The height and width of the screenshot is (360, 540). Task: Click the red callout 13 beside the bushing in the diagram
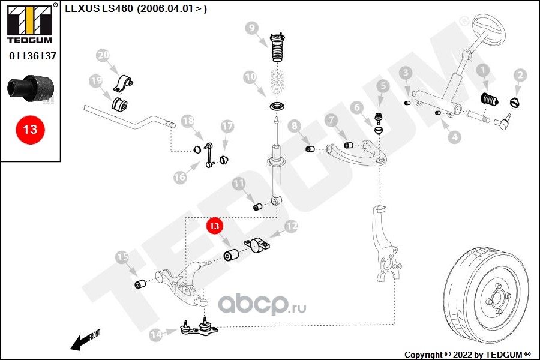click(x=214, y=226)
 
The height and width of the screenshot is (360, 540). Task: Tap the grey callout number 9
click(x=252, y=28)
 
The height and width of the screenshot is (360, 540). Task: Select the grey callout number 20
click(x=103, y=55)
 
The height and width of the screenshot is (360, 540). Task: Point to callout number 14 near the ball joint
click(x=155, y=334)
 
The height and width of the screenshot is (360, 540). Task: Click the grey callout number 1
click(x=483, y=71)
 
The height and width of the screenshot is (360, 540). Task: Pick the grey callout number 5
click(x=383, y=86)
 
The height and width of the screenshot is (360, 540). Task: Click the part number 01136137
click(x=32, y=56)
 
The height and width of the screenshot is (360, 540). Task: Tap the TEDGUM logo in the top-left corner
click(x=30, y=23)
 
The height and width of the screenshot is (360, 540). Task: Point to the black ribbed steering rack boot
click(x=490, y=99)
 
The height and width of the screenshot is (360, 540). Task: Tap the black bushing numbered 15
click(x=139, y=284)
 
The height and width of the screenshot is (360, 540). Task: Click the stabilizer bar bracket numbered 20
click(x=123, y=84)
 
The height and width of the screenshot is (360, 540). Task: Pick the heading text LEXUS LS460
click(x=99, y=8)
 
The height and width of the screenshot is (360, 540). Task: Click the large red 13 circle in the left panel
click(x=30, y=130)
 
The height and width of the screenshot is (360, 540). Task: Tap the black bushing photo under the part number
click(x=31, y=88)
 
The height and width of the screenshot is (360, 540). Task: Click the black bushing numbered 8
click(x=310, y=149)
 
